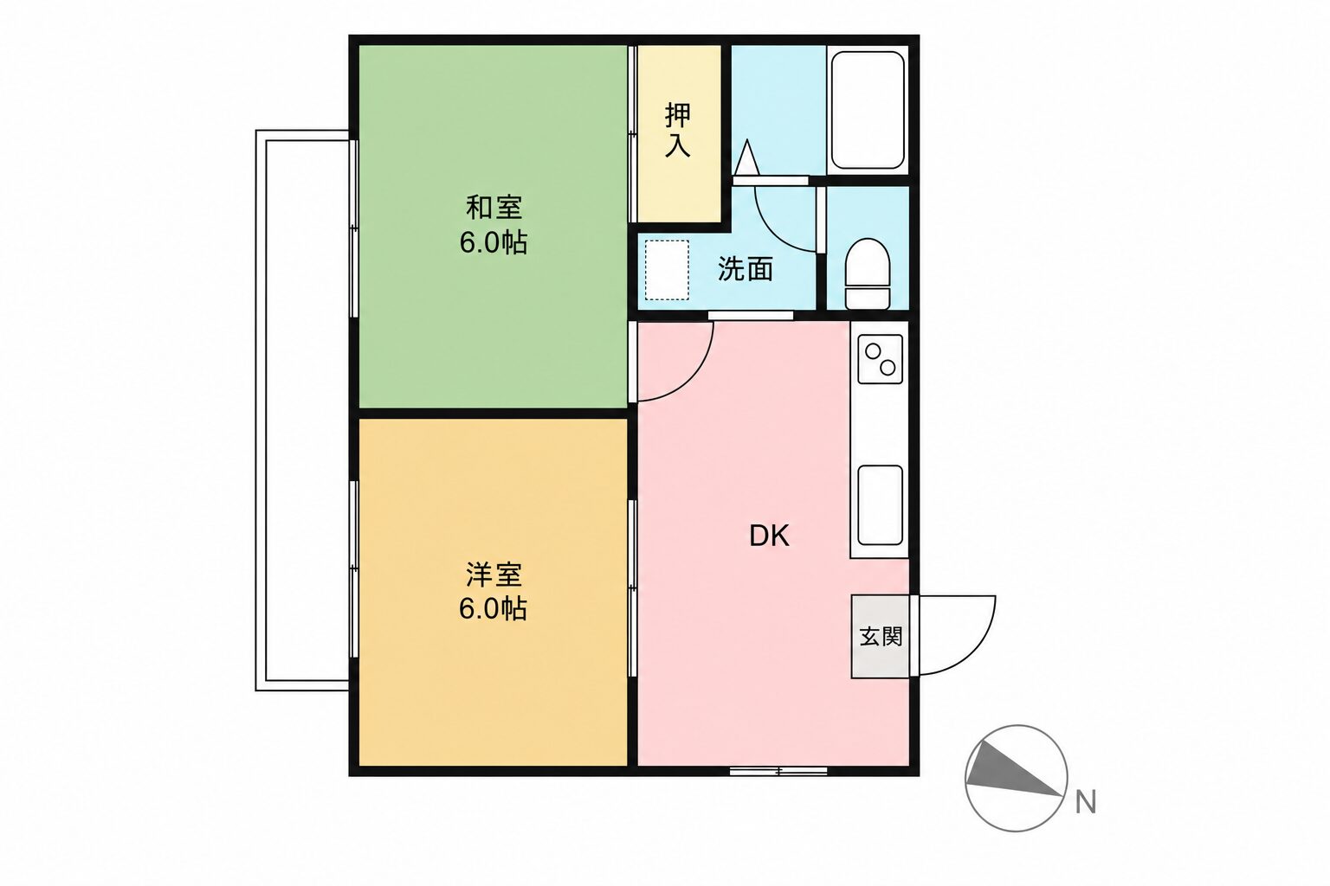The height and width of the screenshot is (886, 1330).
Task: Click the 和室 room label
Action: tap(494, 208)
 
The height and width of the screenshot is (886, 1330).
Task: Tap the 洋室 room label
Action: tap(494, 574)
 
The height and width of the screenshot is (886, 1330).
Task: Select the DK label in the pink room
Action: tap(769, 536)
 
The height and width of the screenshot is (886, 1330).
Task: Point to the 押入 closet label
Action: tap(678, 130)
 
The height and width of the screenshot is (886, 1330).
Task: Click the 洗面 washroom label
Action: tap(746, 269)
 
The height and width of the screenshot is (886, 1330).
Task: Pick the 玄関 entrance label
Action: tap(881, 637)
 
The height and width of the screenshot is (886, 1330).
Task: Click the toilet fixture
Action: tap(868, 273)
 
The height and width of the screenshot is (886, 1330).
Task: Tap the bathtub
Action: tap(868, 110)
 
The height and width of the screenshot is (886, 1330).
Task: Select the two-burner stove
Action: tap(880, 359)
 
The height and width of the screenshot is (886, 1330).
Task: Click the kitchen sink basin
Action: tap(880, 505)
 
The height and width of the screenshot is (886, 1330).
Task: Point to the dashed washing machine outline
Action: tap(667, 270)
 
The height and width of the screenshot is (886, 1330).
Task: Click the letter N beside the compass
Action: tap(1086, 802)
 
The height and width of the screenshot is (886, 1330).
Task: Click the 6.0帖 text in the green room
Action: tap(494, 242)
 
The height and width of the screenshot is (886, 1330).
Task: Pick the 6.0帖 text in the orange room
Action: tap(494, 608)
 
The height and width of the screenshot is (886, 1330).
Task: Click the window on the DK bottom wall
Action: tap(778, 771)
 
